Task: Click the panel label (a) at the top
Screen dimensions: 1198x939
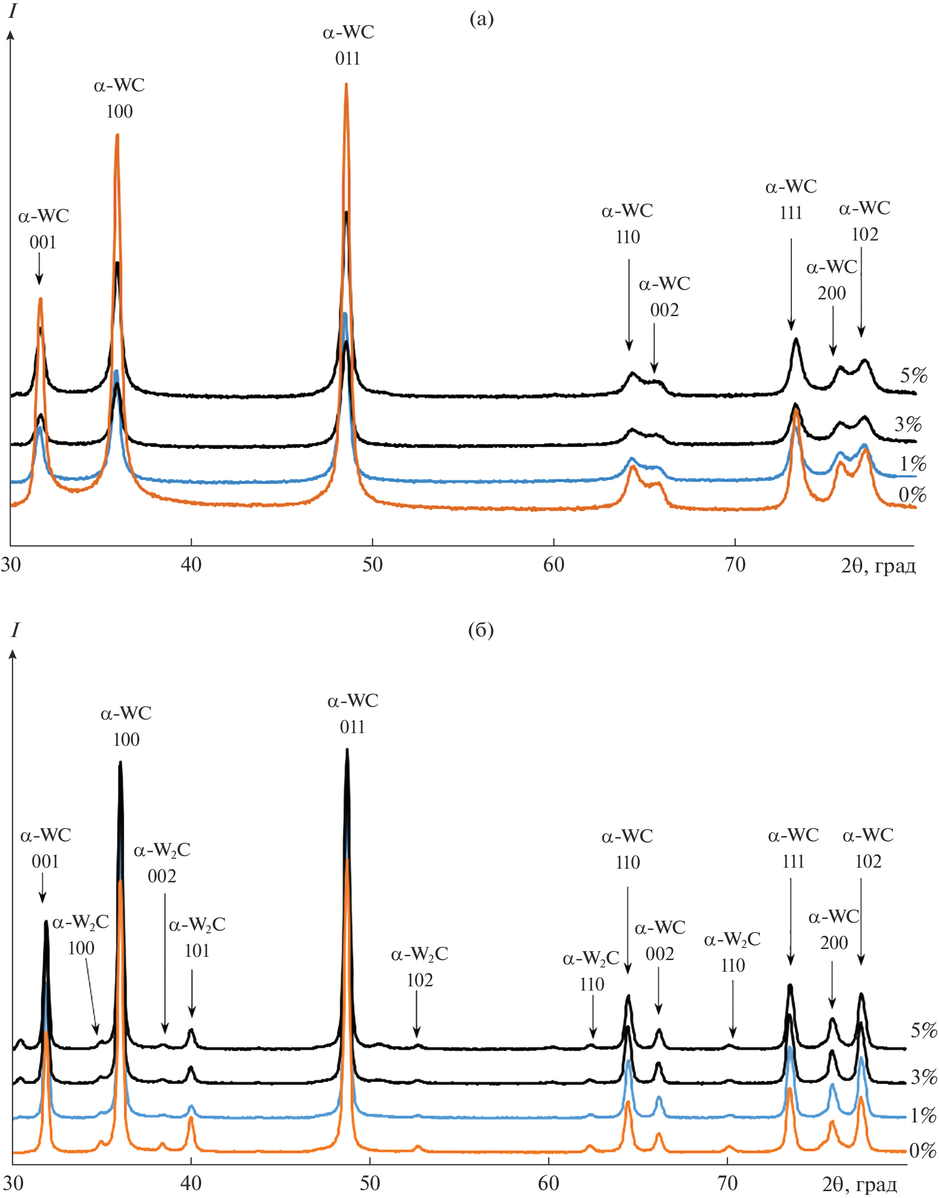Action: coord(481,20)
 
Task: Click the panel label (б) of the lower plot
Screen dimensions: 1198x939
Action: coord(481,630)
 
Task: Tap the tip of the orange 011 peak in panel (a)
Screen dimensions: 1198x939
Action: coord(346,85)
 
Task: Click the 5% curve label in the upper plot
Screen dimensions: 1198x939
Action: coord(913,376)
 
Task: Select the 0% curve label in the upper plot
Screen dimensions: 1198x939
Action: coord(913,495)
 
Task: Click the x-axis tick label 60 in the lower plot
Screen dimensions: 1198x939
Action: coord(548,1183)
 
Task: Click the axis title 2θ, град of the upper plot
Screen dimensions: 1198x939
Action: coord(878,566)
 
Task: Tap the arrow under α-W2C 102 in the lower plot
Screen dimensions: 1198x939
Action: coord(417,1017)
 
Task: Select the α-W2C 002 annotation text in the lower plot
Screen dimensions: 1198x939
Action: coord(162,863)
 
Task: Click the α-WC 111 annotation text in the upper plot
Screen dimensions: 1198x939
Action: coord(790,200)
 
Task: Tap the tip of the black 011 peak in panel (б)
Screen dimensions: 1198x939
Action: coord(347,751)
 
